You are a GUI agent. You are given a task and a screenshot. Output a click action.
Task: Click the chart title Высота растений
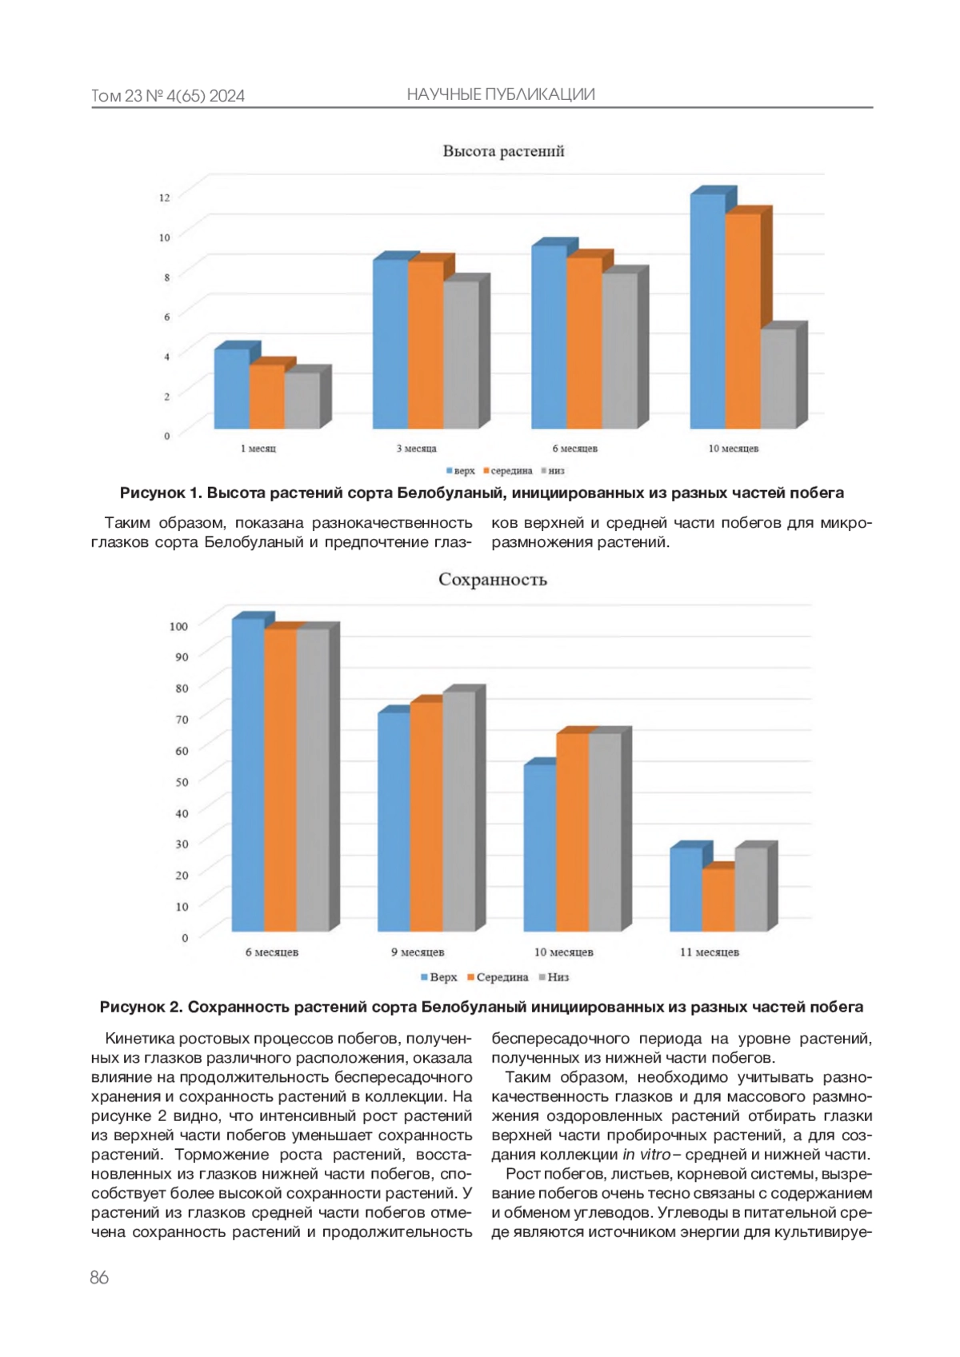(x=503, y=151)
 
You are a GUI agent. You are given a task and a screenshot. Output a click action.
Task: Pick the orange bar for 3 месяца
(x=425, y=345)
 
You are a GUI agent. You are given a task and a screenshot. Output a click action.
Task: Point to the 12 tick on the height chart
(x=165, y=197)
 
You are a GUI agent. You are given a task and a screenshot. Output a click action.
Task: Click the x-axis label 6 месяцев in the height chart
(x=574, y=449)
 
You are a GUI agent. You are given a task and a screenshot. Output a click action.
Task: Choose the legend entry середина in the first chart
(x=510, y=471)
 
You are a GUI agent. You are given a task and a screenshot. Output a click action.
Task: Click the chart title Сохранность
(x=492, y=580)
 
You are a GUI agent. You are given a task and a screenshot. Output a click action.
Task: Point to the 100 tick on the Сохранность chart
(x=178, y=626)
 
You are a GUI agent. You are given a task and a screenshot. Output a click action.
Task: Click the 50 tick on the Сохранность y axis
(x=182, y=782)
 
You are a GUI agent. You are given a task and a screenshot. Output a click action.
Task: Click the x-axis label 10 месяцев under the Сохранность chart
(x=563, y=952)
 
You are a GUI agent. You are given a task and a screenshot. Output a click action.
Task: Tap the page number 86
(x=99, y=1278)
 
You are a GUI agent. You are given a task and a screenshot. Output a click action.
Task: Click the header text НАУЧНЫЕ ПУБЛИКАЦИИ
(x=500, y=94)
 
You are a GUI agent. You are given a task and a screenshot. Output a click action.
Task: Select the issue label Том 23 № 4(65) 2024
(x=168, y=96)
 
